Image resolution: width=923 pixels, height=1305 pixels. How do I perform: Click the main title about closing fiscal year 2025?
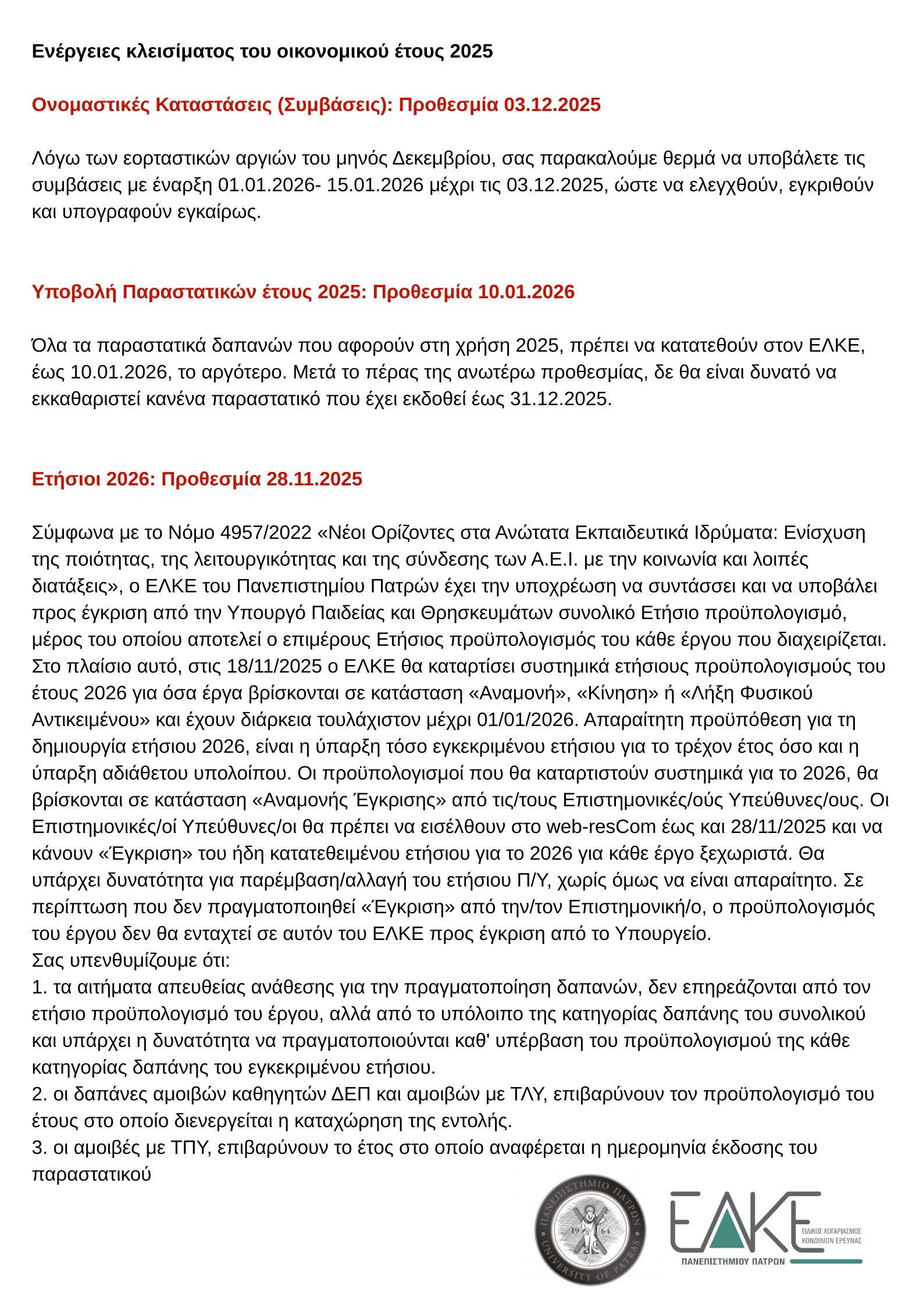tap(262, 52)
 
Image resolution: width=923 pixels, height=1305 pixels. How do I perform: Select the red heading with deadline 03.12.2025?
tap(316, 105)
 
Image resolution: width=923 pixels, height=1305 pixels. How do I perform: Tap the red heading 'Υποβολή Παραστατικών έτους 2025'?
tap(302, 292)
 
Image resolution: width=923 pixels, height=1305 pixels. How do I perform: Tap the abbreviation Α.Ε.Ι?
tap(554, 560)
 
